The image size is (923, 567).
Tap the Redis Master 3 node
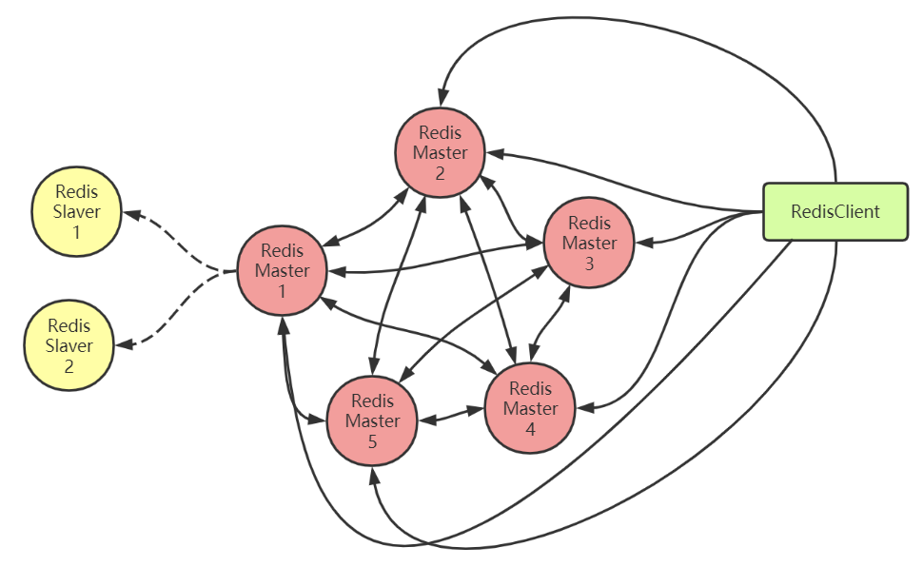pyautogui.click(x=589, y=244)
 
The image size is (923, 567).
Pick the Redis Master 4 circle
pyautogui.click(x=530, y=408)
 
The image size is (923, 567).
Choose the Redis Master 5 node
pyautogui.click(x=372, y=420)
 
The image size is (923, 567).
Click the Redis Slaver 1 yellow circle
pyautogui.click(x=77, y=211)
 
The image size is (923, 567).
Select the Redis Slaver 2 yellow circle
pyautogui.click(x=69, y=344)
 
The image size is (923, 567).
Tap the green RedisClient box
pyautogui.click(x=835, y=211)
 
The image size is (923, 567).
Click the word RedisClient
pyautogui.click(x=835, y=211)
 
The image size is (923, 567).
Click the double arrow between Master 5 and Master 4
pyautogui.click(x=451, y=415)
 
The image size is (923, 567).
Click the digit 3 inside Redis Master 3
pyautogui.click(x=589, y=264)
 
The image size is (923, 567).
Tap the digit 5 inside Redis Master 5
pyautogui.click(x=372, y=441)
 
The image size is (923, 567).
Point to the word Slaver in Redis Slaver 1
pyautogui.click(x=77, y=211)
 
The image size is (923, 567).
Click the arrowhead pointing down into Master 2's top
pyautogui.click(x=441, y=98)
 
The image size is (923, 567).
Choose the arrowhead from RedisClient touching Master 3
pyautogui.click(x=644, y=244)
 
